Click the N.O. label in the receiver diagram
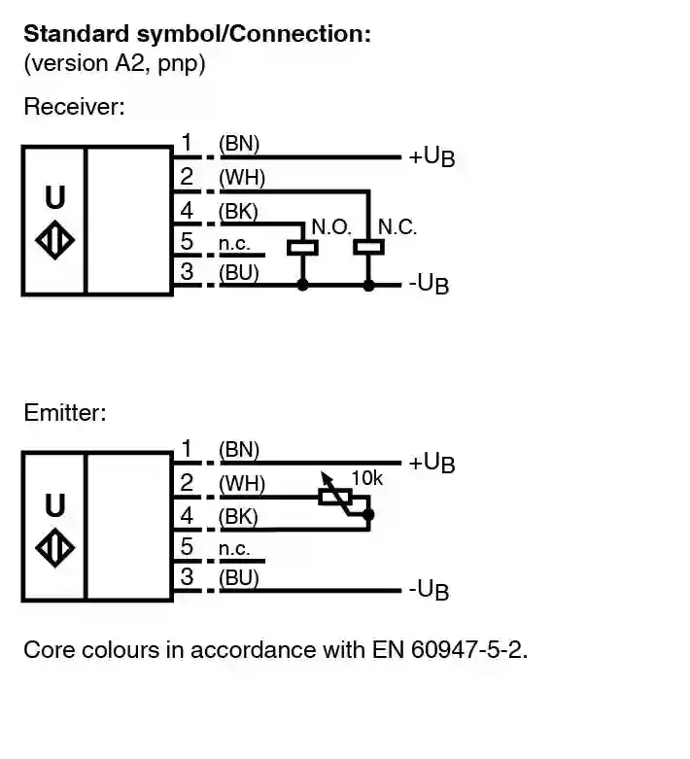(330, 227)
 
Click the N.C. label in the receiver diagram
(397, 227)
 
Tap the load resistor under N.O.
(303, 247)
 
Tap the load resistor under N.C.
(368, 247)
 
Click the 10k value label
(366, 478)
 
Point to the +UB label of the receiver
(431, 156)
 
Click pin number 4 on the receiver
(188, 211)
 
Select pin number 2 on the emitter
(188, 483)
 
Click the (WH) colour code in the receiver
(241, 178)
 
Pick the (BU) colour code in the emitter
(239, 578)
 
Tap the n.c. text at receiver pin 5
(234, 243)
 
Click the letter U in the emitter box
(55, 505)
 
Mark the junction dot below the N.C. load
(368, 286)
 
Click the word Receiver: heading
(74, 107)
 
